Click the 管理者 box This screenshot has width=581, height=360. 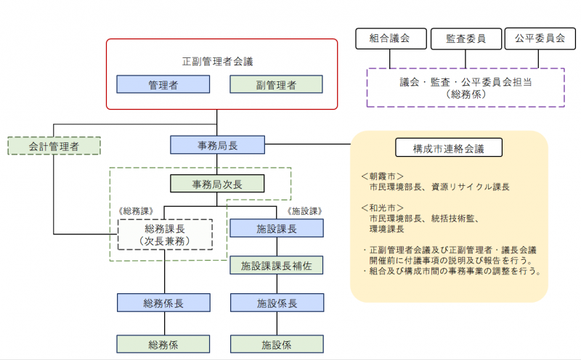coord(163,85)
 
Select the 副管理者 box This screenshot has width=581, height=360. coord(276,85)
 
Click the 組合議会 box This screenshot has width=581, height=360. coord(389,39)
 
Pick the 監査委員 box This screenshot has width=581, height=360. coord(466,39)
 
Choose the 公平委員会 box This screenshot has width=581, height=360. coord(535,39)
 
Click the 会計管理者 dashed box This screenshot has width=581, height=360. coord(54,146)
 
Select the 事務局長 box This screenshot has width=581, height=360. coord(217,145)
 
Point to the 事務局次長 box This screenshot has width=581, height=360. coord(217,184)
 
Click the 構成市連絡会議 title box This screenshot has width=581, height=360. coord(448,148)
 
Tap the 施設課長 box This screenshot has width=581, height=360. coord(276,229)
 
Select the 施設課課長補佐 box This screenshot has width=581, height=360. coord(276,265)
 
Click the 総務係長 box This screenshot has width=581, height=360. coord(163,303)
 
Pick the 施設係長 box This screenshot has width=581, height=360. coord(276,303)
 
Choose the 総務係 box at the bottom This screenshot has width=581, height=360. coord(163,343)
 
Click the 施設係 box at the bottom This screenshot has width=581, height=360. coord(276,343)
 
